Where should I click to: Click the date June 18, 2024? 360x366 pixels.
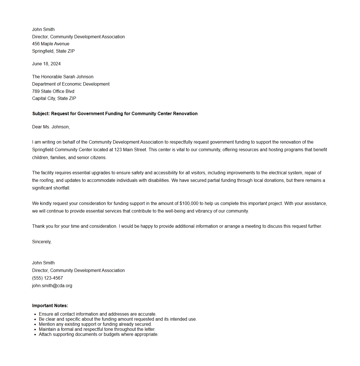tap(46, 64)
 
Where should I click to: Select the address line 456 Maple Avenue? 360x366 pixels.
tap(51, 44)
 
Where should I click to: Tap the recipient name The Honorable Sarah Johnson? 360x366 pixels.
tap(63, 77)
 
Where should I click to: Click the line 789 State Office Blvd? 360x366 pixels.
tap(53, 91)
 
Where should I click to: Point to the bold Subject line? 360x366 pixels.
tap(115, 114)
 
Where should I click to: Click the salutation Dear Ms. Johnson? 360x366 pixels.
tap(51, 127)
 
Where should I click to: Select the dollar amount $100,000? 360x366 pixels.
tap(189, 204)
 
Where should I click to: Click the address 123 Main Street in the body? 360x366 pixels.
tap(130, 150)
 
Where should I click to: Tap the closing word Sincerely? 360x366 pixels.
tap(42, 242)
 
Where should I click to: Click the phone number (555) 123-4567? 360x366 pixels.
tap(47, 278)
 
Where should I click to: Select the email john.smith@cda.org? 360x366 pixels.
tap(52, 286)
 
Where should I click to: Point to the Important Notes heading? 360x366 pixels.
tap(50, 306)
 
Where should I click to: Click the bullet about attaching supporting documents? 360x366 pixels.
tap(99, 334)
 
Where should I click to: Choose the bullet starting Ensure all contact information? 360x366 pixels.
tap(97, 314)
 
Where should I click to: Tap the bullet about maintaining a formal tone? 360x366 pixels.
tap(97, 329)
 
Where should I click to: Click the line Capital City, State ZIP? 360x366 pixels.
tap(54, 99)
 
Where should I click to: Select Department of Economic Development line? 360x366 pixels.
tap(71, 84)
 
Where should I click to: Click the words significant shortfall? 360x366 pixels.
tap(51, 188)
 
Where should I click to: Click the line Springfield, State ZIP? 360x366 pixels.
tap(53, 51)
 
